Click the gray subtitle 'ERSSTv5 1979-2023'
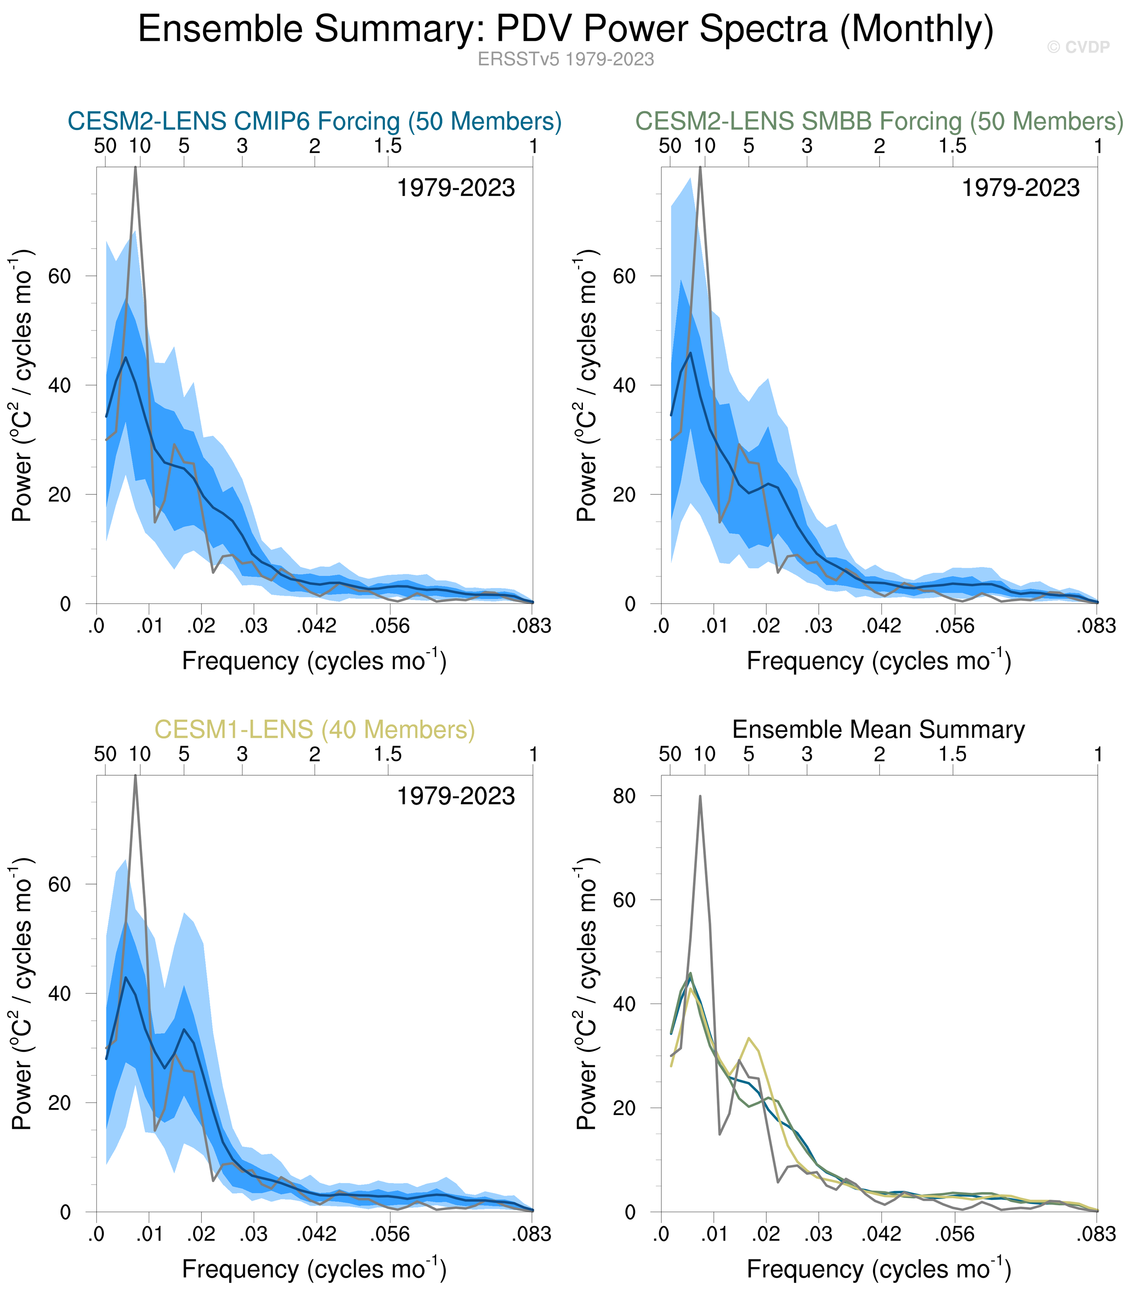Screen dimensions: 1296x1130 (x=566, y=59)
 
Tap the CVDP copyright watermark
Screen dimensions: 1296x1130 (x=1078, y=47)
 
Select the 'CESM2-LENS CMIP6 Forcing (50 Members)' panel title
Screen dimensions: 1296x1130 (x=314, y=121)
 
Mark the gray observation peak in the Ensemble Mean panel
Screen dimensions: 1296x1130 (x=700, y=797)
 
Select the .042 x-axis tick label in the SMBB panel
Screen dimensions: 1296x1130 (x=881, y=627)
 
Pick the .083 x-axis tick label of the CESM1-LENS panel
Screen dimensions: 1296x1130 (x=531, y=1235)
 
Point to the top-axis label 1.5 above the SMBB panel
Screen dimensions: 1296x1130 (x=952, y=146)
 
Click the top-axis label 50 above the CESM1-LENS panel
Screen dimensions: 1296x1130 (x=105, y=754)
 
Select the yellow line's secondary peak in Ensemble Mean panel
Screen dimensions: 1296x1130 (x=748, y=1038)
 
